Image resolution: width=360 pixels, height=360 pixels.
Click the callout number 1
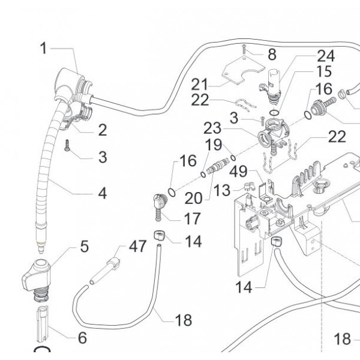pos(43,48)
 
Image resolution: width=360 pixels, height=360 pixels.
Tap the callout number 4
pos(103,193)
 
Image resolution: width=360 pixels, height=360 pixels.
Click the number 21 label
pos(201,83)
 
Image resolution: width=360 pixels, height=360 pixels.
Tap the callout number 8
pos(272,55)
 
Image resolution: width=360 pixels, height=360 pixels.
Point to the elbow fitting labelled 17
pos(158,202)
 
